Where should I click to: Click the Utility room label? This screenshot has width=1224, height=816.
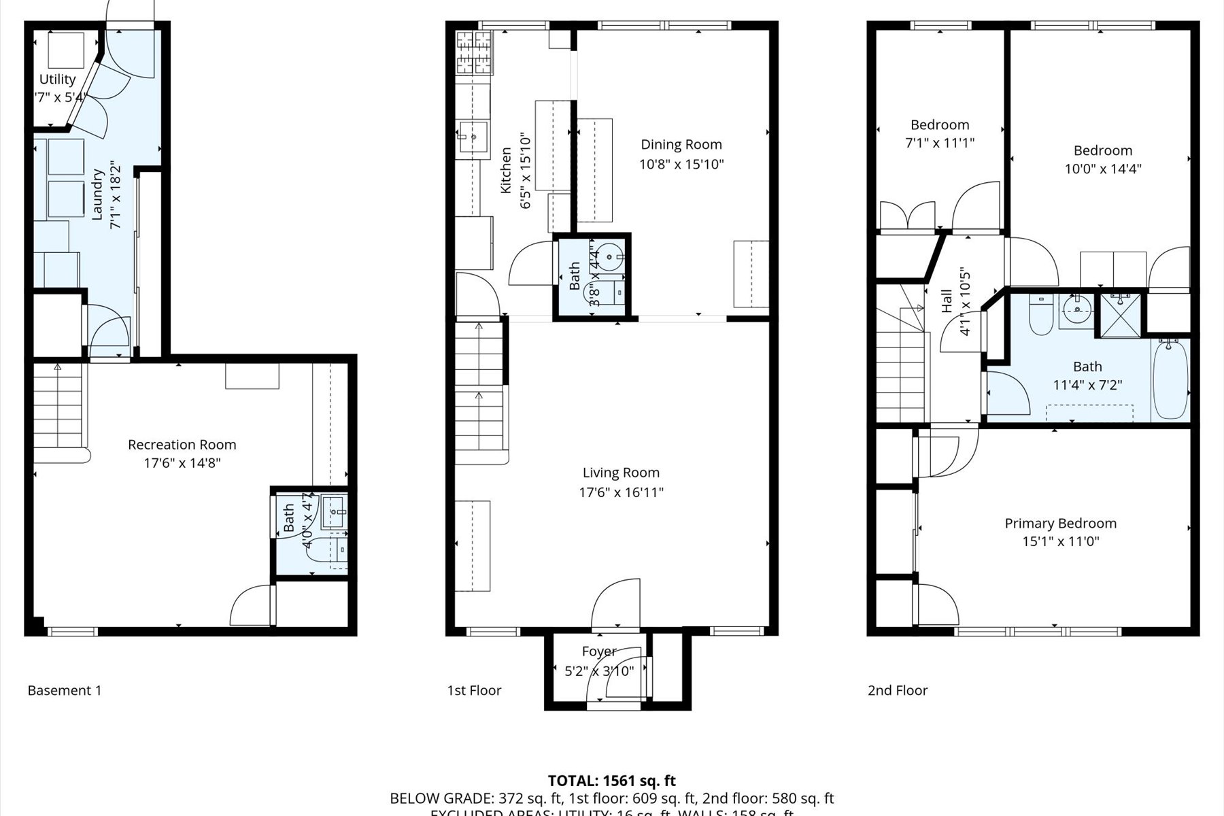coord(57,80)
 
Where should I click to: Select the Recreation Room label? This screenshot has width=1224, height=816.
coord(182,445)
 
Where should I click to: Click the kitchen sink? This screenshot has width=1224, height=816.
coord(473,138)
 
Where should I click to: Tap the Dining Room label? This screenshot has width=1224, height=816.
coord(681,144)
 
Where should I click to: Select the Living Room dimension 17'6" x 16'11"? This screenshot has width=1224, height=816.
coord(621,492)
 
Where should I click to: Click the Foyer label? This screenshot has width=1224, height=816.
coord(599,651)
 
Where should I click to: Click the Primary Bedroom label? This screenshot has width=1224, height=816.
coord(1060,523)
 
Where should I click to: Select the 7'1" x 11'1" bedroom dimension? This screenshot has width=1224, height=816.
coord(940,143)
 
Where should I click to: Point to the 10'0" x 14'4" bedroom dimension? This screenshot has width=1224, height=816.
coord(1102,169)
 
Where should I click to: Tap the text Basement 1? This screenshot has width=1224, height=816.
coord(65,690)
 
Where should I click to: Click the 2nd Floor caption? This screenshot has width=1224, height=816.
coord(898,690)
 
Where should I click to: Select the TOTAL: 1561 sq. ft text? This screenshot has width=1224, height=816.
coord(611,781)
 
